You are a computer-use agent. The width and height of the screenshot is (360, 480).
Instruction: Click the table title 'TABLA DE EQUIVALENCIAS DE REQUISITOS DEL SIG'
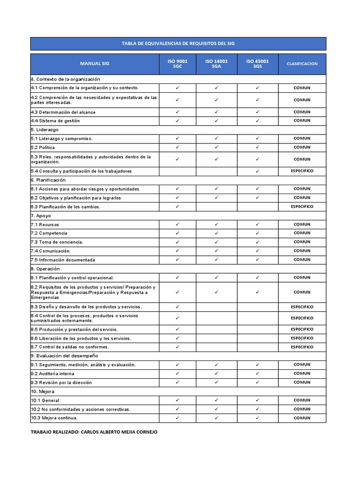178,44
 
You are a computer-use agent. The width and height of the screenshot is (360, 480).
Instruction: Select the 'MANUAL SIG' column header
94,64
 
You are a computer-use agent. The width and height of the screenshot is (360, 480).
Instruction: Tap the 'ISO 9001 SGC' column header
177,64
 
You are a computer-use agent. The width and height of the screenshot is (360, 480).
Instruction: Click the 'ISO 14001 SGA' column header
217,64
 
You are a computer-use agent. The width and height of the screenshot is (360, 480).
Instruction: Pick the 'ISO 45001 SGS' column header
257,64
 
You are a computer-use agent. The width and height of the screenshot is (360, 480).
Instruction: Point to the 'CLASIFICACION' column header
302,64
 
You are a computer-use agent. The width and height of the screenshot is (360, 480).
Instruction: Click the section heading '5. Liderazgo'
45,130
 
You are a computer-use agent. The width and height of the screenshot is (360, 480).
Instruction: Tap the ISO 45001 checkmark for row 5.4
257,171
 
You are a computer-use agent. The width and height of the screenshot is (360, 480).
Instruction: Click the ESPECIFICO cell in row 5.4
302,171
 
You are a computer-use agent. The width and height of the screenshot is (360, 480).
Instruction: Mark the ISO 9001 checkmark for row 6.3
177,206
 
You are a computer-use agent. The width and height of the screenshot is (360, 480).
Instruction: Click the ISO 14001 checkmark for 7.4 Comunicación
217,251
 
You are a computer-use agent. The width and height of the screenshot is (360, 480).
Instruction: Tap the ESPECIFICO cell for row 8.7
302,347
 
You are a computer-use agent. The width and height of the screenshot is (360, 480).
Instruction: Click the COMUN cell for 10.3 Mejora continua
302,418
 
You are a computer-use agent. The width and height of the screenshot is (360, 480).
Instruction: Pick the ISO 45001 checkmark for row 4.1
257,88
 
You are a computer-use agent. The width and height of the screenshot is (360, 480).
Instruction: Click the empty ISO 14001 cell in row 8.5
217,329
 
